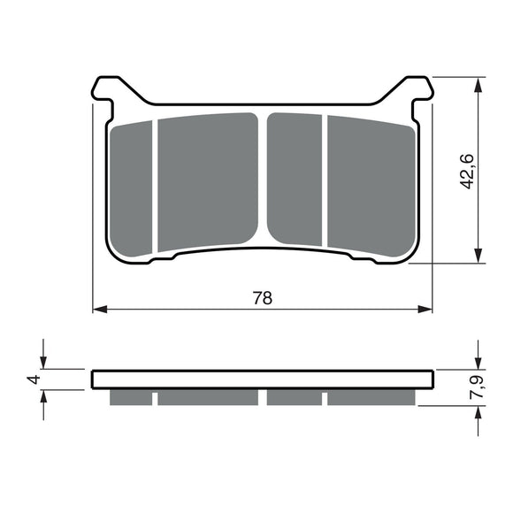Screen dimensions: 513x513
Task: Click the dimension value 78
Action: pyautogui.click(x=263, y=297)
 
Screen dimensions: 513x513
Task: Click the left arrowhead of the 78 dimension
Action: pyautogui.click(x=100, y=309)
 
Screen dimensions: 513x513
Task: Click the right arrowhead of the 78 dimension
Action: pyautogui.click(x=427, y=309)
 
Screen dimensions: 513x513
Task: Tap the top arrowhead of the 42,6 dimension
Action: pyautogui.click(x=479, y=86)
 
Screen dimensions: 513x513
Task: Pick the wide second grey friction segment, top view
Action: pyautogui.click(x=208, y=181)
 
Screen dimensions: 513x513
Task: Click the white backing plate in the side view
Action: pyautogui.click(x=263, y=379)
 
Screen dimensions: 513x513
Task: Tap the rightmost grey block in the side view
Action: pyautogui.click(x=370, y=397)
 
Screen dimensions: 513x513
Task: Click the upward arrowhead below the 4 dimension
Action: pyautogui.click(x=44, y=396)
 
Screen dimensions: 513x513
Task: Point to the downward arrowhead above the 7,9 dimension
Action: pyautogui.click(x=479, y=362)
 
